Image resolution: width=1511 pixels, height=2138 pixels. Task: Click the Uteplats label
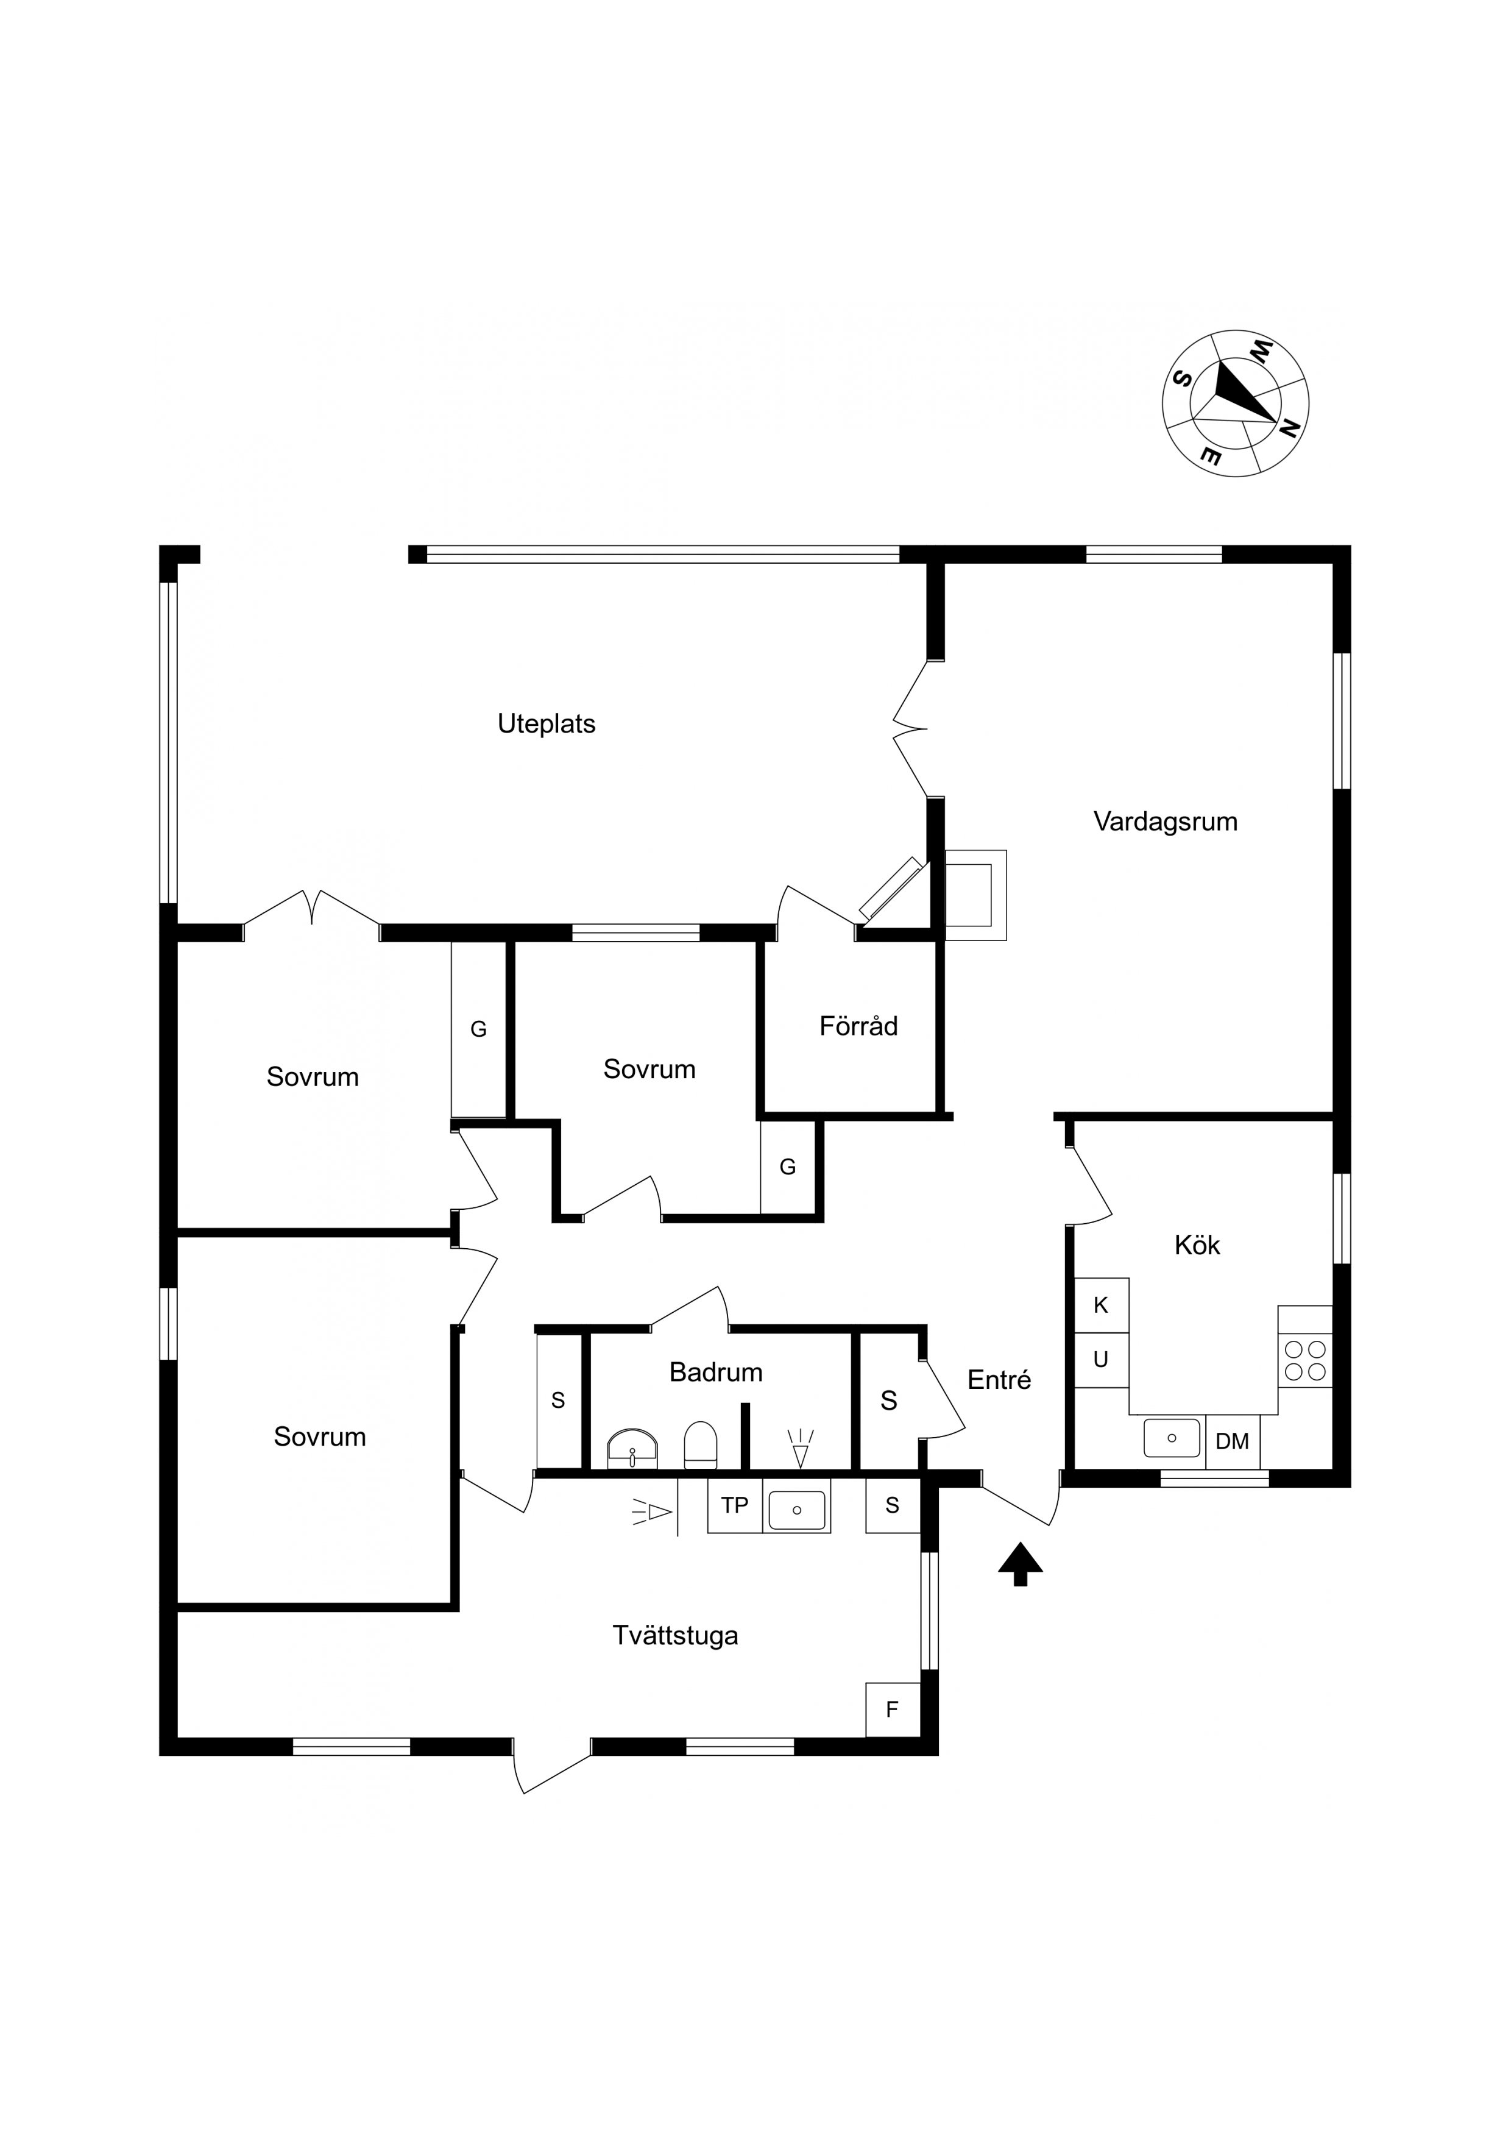tap(547, 723)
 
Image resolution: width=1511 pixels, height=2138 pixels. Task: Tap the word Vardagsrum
tap(1165, 822)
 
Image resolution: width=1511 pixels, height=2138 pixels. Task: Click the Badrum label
tap(716, 1372)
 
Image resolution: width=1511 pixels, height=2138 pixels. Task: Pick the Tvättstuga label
tap(675, 1635)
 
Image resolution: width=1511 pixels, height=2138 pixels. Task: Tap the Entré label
tap(999, 1379)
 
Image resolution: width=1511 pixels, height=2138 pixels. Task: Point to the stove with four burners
tap(1305, 1360)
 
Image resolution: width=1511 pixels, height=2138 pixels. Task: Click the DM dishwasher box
tap(1233, 1441)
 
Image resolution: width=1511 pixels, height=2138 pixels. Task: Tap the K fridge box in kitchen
tap(1102, 1305)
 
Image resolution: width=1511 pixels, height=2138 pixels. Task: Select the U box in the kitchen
tap(1102, 1360)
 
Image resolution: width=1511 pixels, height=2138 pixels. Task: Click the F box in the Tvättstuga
tap(893, 1709)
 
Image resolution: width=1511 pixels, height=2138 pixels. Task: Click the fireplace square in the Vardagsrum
tap(975, 895)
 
